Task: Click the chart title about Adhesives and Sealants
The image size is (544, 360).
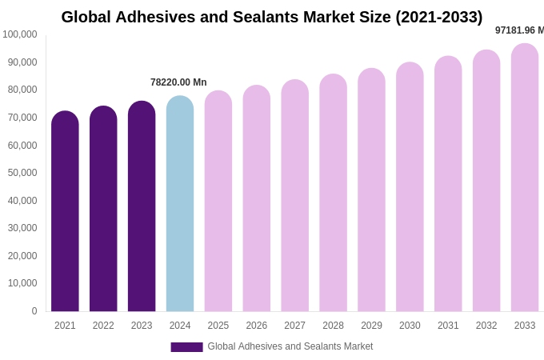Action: click(x=271, y=17)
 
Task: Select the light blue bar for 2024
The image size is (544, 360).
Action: click(x=180, y=204)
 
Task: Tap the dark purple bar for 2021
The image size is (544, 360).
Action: click(x=65, y=211)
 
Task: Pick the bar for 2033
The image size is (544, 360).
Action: click(x=525, y=178)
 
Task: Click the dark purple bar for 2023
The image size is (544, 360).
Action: click(x=142, y=206)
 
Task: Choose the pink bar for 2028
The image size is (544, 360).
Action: click(x=333, y=193)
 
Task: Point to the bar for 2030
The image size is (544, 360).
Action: click(x=410, y=187)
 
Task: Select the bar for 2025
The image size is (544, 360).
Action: click(x=218, y=201)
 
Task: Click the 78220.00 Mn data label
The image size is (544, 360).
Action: click(x=178, y=82)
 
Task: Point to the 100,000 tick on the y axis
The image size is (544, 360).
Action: click(x=20, y=34)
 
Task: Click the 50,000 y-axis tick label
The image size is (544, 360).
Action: click(x=23, y=173)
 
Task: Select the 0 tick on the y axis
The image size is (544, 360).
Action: click(x=34, y=311)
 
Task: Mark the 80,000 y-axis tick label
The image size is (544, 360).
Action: click(x=23, y=90)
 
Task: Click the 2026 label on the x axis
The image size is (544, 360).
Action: click(x=257, y=326)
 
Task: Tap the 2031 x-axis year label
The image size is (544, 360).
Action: click(x=448, y=326)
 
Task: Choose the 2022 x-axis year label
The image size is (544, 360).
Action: click(x=103, y=326)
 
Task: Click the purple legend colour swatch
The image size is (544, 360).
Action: click(x=186, y=347)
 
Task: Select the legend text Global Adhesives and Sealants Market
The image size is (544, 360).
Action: click(x=290, y=346)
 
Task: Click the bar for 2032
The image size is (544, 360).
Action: click(x=486, y=181)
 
